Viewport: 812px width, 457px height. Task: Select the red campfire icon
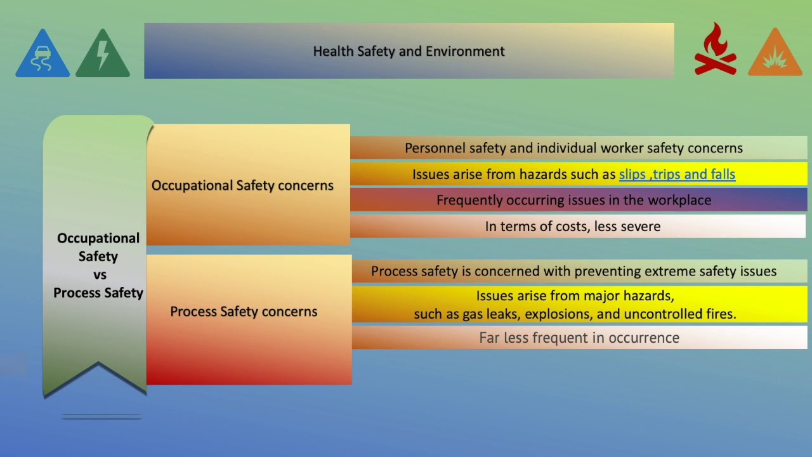pos(716,51)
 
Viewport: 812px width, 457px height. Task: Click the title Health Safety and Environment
pos(409,51)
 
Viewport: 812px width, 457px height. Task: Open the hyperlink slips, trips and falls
pos(677,174)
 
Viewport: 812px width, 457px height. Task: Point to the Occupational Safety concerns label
pos(242,185)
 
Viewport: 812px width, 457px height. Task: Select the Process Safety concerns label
pos(244,312)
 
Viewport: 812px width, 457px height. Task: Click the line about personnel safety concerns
pos(573,148)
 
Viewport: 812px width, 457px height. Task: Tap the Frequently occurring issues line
pos(573,200)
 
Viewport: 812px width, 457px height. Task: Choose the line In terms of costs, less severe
pos(572,226)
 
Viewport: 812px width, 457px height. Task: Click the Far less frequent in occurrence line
pos(579,338)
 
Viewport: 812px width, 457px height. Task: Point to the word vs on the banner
pos(98,275)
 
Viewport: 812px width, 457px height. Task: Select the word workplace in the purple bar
pos(679,200)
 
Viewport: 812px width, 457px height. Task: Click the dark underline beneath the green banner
pos(101,417)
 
